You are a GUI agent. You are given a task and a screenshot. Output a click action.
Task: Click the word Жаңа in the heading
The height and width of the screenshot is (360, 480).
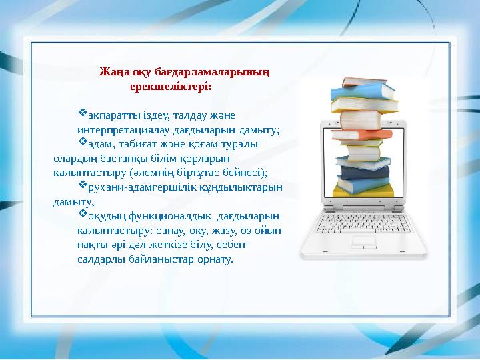(x=111, y=71)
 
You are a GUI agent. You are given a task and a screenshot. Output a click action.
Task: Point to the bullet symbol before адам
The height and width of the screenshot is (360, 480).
(x=83, y=141)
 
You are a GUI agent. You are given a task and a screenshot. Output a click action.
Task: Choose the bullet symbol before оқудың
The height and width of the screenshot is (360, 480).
(x=83, y=214)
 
